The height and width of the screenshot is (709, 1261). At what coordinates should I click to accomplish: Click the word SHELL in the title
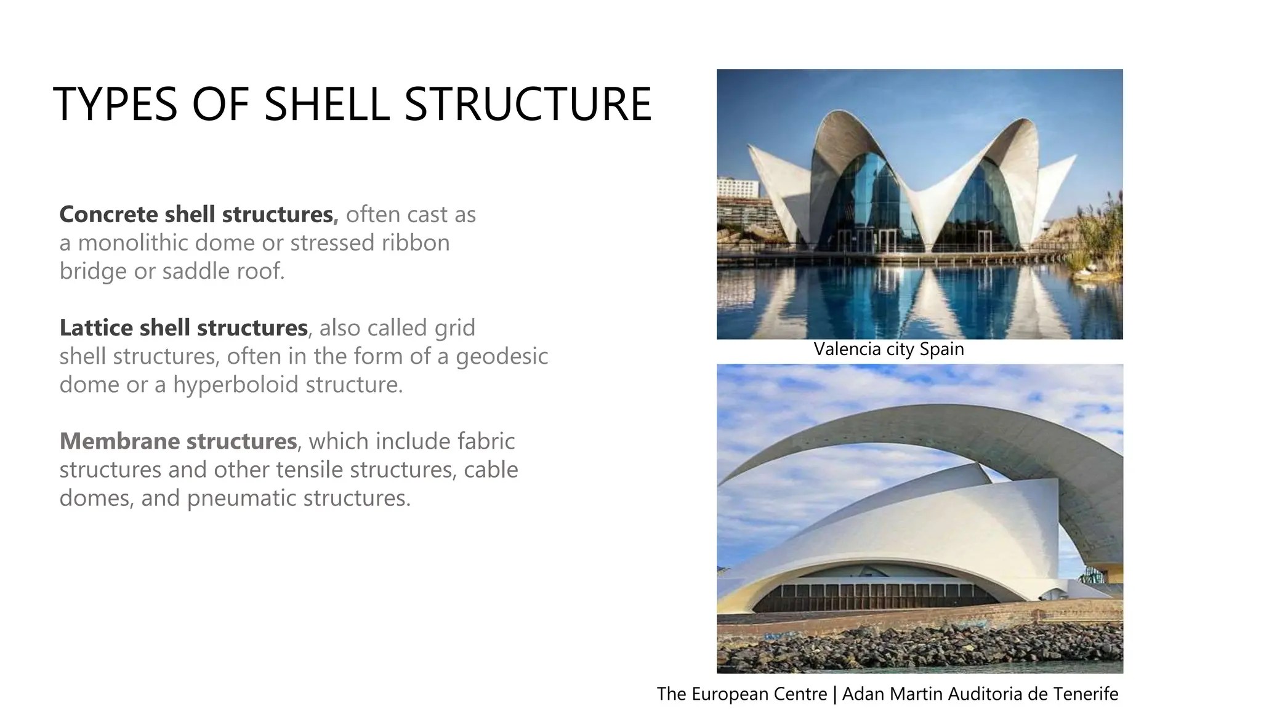[x=327, y=103]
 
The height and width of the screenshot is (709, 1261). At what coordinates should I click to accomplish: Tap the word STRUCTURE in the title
[x=528, y=103]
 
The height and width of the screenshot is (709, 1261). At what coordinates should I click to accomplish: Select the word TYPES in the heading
[x=115, y=103]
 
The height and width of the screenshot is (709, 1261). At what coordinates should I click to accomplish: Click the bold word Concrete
[x=108, y=214]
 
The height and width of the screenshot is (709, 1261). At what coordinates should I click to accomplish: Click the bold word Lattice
[x=96, y=327]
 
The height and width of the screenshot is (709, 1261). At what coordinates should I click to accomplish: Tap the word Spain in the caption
[x=941, y=350]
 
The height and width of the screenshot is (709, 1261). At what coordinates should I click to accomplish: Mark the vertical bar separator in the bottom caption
[x=834, y=694]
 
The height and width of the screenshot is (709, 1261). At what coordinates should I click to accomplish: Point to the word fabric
[x=486, y=441]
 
